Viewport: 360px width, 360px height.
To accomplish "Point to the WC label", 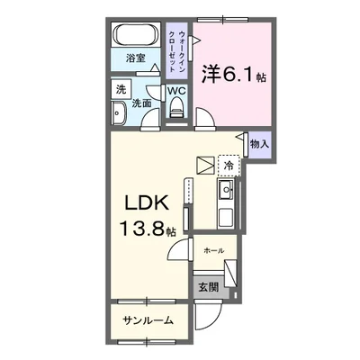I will coord(175,91).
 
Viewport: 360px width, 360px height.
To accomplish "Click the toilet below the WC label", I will coord(176,111).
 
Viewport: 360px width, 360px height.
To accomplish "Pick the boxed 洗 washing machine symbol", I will coord(120,88).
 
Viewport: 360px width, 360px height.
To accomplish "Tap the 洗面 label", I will coord(143,103).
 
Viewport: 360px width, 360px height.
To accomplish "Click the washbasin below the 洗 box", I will coord(119,112).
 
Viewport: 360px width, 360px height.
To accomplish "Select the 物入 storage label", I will coord(258,144).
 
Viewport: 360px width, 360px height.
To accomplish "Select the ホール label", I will coord(214,249).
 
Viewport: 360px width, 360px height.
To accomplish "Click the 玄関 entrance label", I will coord(207,287).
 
